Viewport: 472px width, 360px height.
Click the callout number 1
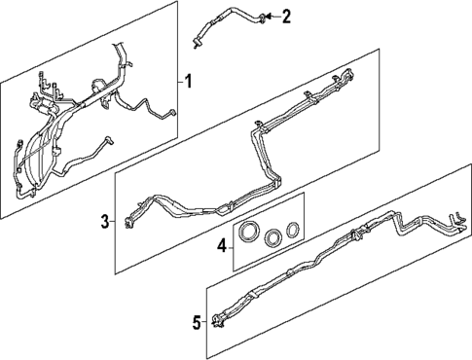(x=189, y=82)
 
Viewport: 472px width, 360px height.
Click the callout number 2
(x=286, y=16)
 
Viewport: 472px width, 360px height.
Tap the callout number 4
(x=221, y=245)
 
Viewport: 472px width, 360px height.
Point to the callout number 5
(x=196, y=322)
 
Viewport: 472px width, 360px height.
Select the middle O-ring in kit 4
(x=273, y=236)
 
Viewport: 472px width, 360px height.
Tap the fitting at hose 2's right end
(x=262, y=16)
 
